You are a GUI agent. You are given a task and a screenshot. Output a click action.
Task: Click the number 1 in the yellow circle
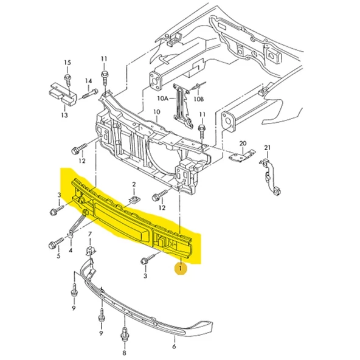click(x=181, y=268)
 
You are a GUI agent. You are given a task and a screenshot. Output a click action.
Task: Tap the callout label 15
click(x=67, y=63)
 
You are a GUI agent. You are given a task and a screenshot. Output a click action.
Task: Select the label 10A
click(x=163, y=99)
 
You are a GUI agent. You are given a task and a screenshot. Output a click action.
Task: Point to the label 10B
click(x=199, y=99)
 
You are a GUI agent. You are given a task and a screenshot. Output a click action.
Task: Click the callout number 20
click(x=243, y=144)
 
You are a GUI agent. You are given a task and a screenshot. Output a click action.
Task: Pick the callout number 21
click(x=268, y=148)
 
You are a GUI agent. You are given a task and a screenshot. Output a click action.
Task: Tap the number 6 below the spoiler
click(x=174, y=346)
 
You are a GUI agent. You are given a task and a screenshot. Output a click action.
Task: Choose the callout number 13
click(x=64, y=115)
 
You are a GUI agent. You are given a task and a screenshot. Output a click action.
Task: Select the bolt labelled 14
click(x=88, y=94)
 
